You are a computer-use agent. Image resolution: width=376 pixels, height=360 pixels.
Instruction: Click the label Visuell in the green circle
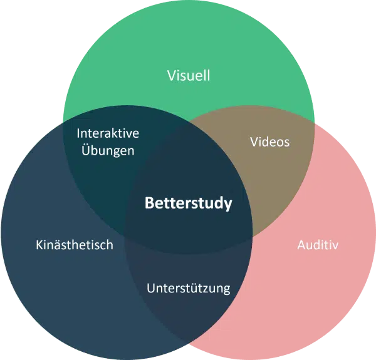coord(188,76)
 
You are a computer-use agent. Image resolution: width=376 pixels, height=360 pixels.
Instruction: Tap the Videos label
coord(269,141)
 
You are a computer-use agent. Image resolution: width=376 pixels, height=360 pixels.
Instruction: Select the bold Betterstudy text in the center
coord(188,203)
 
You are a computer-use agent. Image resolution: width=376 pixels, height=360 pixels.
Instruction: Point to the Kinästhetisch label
coord(74,245)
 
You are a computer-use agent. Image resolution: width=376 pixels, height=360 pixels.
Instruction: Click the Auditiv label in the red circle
coord(317,245)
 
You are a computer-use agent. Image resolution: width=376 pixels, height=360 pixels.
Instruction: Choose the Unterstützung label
coord(188,289)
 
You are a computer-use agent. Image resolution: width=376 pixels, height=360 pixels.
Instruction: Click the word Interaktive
coord(107,133)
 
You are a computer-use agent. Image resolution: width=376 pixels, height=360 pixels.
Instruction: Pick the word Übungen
coord(107,151)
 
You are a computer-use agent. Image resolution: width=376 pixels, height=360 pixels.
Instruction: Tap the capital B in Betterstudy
coord(149,203)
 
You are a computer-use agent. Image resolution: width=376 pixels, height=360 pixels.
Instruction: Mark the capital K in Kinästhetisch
coord(39,245)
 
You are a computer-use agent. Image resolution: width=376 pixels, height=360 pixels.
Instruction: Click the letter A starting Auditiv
coord(300,245)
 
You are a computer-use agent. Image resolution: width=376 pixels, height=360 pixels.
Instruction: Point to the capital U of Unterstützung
coord(150,289)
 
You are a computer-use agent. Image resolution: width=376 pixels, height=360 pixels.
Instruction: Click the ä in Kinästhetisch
coord(57,245)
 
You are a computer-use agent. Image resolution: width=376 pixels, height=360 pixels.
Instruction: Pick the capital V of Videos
coord(254,141)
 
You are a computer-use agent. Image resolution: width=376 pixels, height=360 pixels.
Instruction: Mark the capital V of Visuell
coord(171,76)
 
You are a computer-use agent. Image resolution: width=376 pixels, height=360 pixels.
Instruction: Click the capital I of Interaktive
coord(78,133)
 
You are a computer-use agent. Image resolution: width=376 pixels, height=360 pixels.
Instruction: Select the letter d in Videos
coord(268,141)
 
